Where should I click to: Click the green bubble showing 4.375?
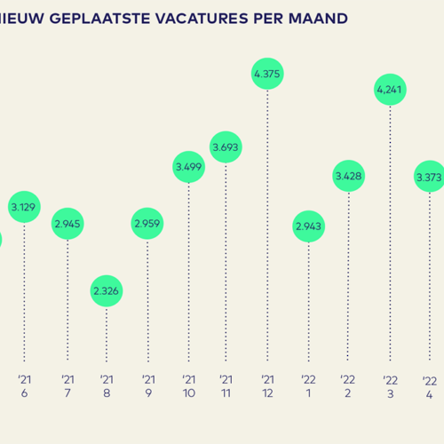coord(267,75)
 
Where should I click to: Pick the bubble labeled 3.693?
coord(226,146)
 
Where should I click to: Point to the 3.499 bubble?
coord(187,167)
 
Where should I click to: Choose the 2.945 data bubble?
coord(67,224)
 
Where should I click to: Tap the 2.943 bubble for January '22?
coord(309,227)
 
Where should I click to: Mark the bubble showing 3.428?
coord(349,176)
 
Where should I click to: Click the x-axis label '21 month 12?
coord(267,385)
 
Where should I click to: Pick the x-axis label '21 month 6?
coord(25,385)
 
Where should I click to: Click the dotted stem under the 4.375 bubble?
coord(267,231)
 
